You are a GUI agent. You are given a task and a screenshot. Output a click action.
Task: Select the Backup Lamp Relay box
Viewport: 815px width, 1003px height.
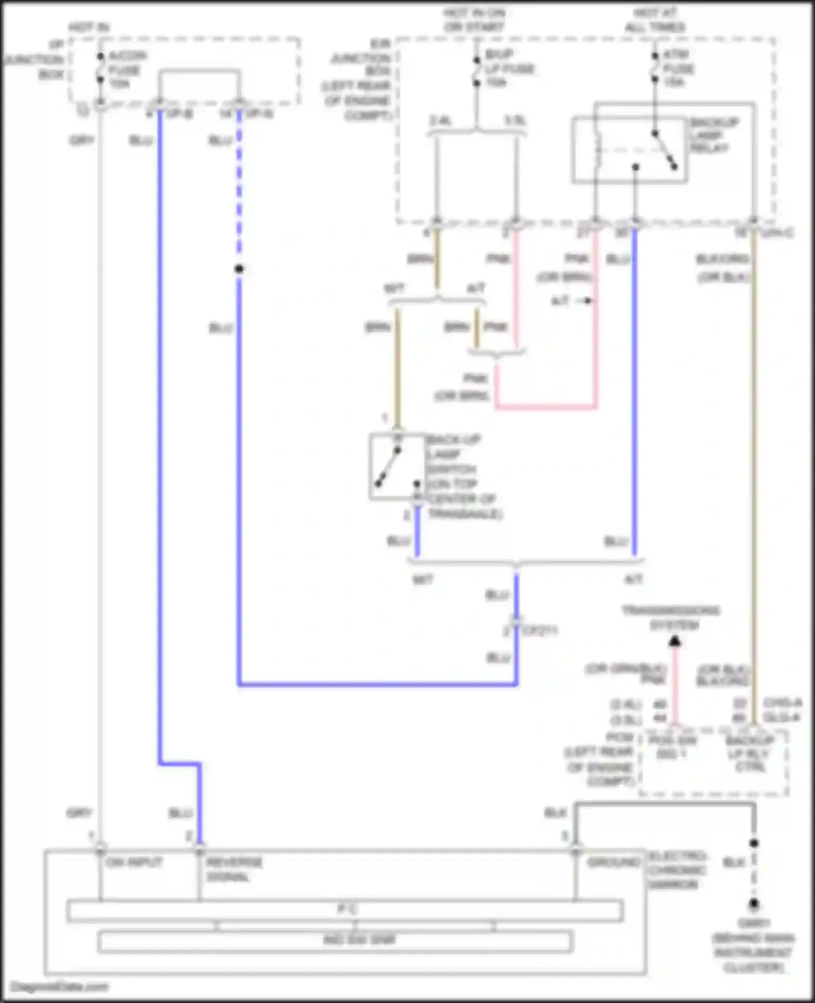click(x=629, y=149)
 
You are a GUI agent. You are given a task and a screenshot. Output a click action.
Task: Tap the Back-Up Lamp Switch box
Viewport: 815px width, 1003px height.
click(x=397, y=467)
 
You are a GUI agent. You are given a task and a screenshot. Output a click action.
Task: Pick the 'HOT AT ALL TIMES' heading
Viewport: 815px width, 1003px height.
click(x=655, y=20)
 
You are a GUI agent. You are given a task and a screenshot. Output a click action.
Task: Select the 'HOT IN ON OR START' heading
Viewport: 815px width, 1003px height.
click(x=474, y=20)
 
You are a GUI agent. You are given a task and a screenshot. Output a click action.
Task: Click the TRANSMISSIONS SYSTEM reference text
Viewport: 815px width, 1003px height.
click(x=671, y=618)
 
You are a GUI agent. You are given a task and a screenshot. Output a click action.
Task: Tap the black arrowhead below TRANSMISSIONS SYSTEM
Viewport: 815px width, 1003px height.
click(x=675, y=642)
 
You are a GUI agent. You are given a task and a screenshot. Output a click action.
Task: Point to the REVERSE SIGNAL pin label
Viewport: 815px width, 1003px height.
click(x=234, y=869)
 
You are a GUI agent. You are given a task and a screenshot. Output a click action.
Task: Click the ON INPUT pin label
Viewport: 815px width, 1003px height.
click(x=134, y=862)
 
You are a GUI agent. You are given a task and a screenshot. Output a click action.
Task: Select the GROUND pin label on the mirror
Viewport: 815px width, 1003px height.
click(x=613, y=862)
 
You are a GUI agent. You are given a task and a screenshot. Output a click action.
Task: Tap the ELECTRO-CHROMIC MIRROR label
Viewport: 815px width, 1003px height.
click(x=676, y=870)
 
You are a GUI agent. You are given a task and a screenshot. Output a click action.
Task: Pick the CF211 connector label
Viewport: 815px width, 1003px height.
click(x=540, y=631)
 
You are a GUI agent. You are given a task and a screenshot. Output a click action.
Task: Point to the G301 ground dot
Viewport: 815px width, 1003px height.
click(x=754, y=904)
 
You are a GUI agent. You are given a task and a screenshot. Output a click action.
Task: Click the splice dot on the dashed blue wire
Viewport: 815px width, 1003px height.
click(x=239, y=269)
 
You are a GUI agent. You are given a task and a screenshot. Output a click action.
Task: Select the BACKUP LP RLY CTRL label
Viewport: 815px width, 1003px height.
click(x=750, y=754)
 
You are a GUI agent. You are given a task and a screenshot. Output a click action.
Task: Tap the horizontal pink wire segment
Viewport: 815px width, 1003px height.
click(x=546, y=406)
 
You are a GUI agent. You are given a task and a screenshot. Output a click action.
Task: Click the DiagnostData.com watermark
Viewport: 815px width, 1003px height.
click(x=59, y=987)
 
